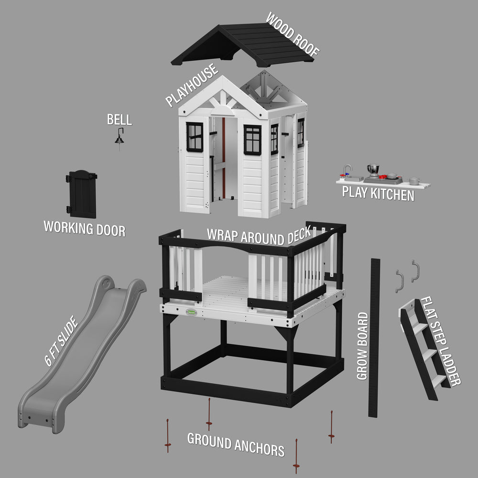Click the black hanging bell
coord(119,139)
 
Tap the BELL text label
coord(119,119)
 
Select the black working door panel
coord(83,194)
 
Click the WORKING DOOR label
coord(85,228)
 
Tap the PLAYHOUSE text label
coord(192,86)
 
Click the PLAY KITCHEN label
coord(378,194)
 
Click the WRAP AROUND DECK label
coord(259,235)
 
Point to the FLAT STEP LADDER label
coord(440,341)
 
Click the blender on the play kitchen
coord(373,170)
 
